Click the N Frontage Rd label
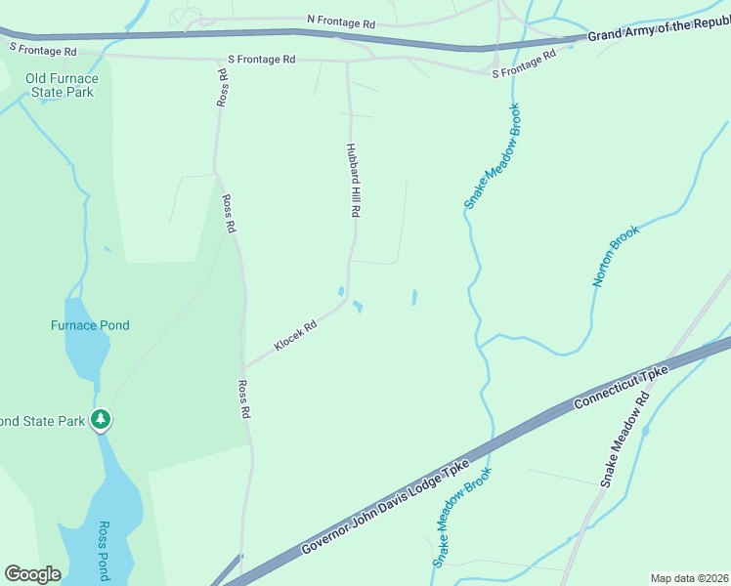(x=340, y=20)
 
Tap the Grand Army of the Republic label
(x=658, y=31)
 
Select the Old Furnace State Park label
(x=61, y=85)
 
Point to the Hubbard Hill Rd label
(x=354, y=181)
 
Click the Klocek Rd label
(x=295, y=337)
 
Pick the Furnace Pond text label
(x=90, y=325)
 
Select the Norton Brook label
(x=616, y=256)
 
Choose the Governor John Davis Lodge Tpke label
(x=386, y=508)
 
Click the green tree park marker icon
(x=101, y=420)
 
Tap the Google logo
(x=32, y=574)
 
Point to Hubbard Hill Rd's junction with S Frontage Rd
(x=348, y=60)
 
